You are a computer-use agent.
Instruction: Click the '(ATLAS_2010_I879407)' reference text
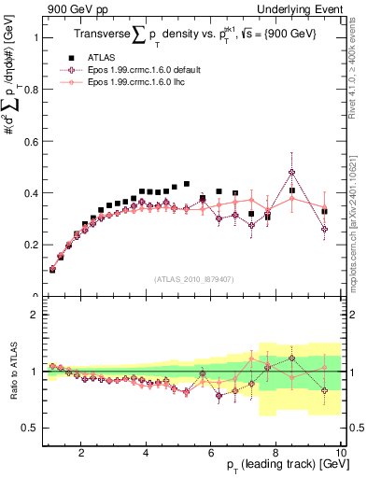pos(193,277)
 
